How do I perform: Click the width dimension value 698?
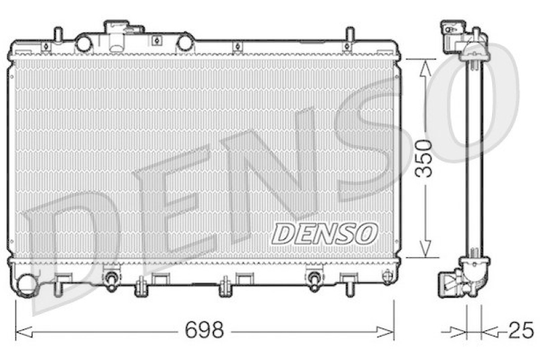click(x=205, y=330)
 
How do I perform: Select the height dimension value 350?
click(x=423, y=158)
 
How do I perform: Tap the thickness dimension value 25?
click(x=520, y=331)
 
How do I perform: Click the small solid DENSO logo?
click(x=323, y=234)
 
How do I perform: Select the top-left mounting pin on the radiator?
click(x=58, y=36)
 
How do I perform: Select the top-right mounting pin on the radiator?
click(x=350, y=36)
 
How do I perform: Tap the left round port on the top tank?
click(x=84, y=43)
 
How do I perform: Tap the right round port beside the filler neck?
click(x=184, y=43)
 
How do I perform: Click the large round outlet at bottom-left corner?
click(x=28, y=284)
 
